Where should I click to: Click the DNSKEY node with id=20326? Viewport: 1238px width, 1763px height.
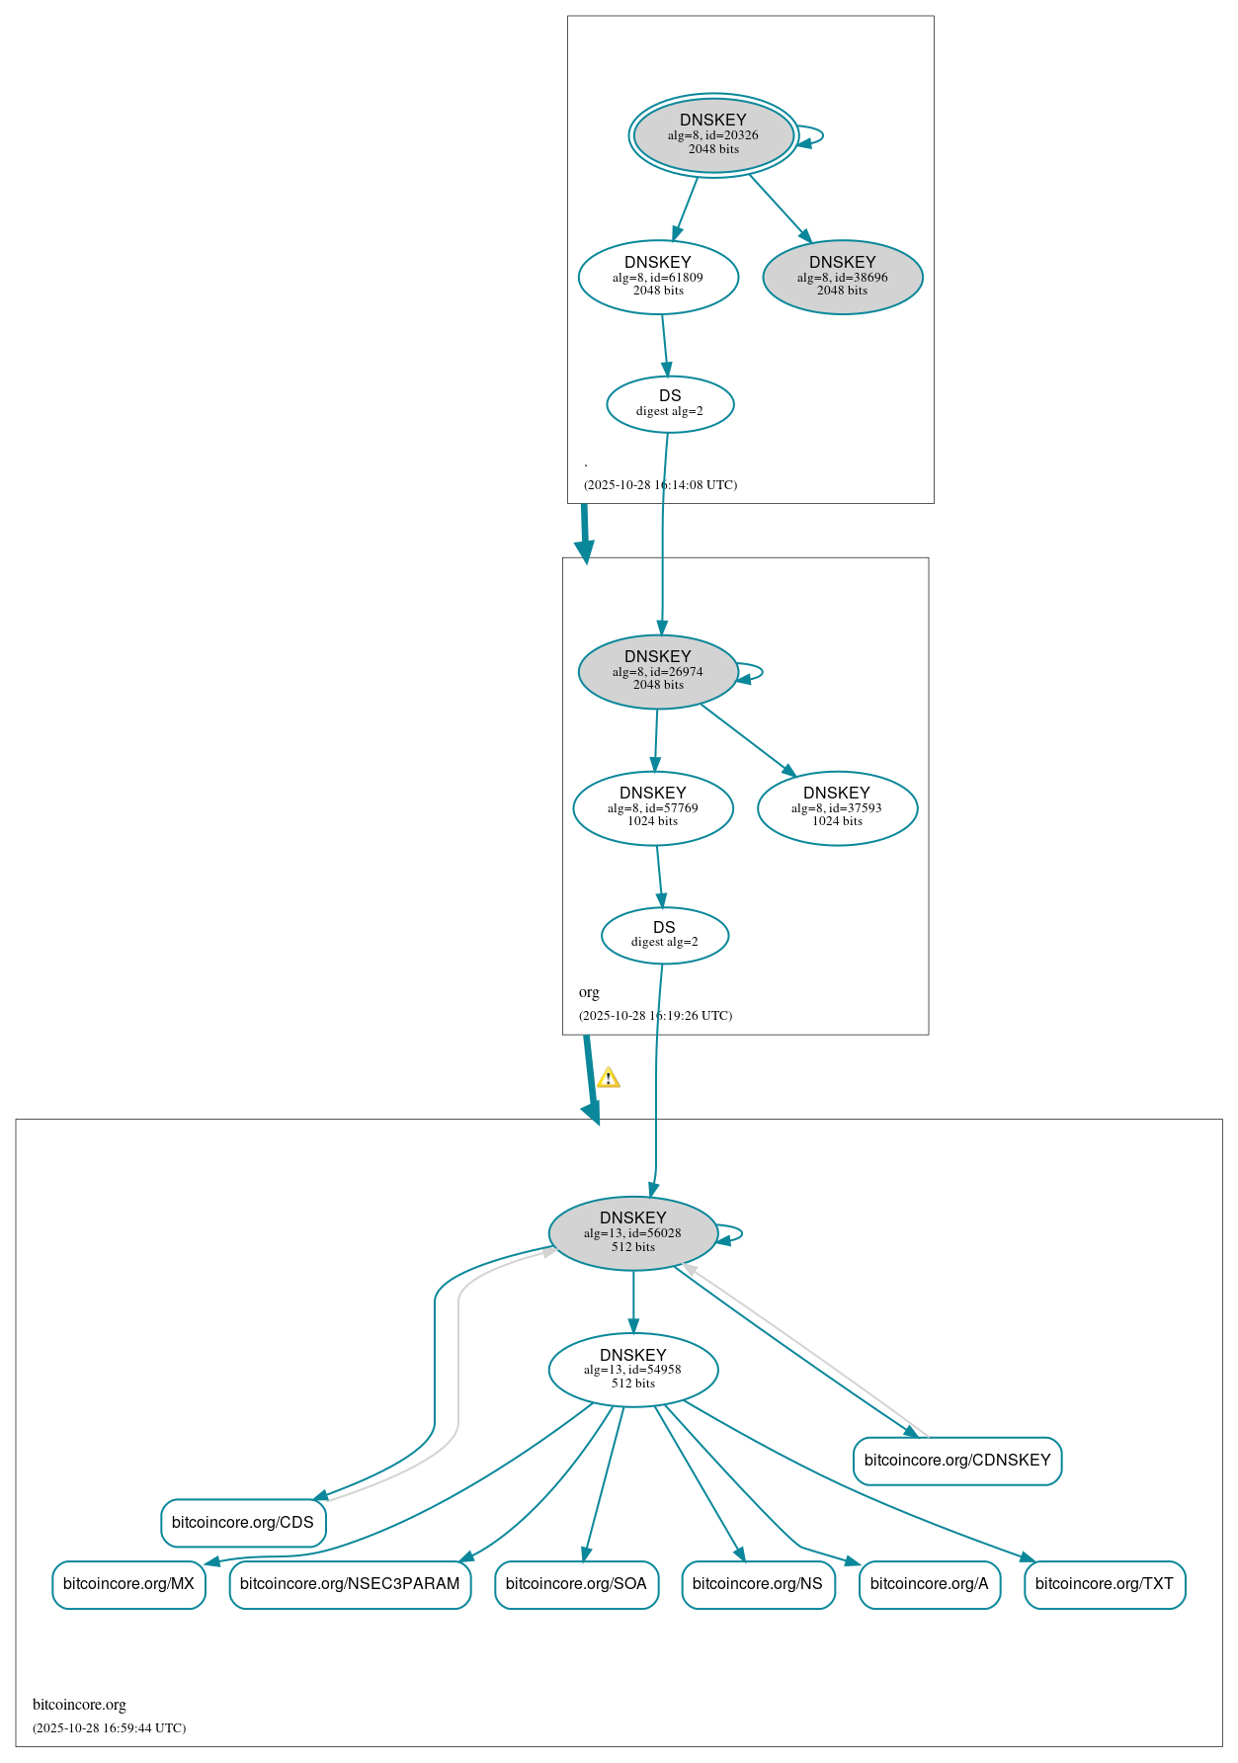click(713, 135)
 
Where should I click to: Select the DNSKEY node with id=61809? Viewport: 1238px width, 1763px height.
click(658, 278)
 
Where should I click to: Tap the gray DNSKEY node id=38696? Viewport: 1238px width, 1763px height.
click(842, 278)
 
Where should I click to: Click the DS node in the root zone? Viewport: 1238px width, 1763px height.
click(670, 404)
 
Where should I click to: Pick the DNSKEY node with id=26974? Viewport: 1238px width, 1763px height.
click(658, 672)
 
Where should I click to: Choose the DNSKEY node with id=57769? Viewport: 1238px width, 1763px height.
click(653, 808)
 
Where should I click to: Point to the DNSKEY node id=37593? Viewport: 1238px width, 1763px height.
click(837, 808)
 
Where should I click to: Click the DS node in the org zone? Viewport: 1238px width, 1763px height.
click(665, 935)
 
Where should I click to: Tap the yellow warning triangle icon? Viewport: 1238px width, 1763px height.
click(609, 1078)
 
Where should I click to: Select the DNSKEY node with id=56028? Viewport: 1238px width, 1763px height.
click(633, 1233)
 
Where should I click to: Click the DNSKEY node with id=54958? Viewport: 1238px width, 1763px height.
click(633, 1370)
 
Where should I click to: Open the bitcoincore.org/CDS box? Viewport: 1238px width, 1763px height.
click(243, 1523)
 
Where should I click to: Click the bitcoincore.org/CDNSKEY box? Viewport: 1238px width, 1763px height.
click(957, 1461)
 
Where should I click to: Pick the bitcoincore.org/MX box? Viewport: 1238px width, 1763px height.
click(128, 1584)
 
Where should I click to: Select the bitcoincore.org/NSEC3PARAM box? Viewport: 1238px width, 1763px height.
click(350, 1584)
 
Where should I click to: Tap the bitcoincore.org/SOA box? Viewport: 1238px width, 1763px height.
click(576, 1584)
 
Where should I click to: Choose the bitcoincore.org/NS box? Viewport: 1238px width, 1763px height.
click(758, 1584)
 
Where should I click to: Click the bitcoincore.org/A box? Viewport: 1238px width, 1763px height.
click(930, 1584)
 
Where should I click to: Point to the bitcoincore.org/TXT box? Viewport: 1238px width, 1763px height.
click(1105, 1584)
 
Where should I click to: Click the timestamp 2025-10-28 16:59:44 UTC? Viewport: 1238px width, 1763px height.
click(109, 1728)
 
